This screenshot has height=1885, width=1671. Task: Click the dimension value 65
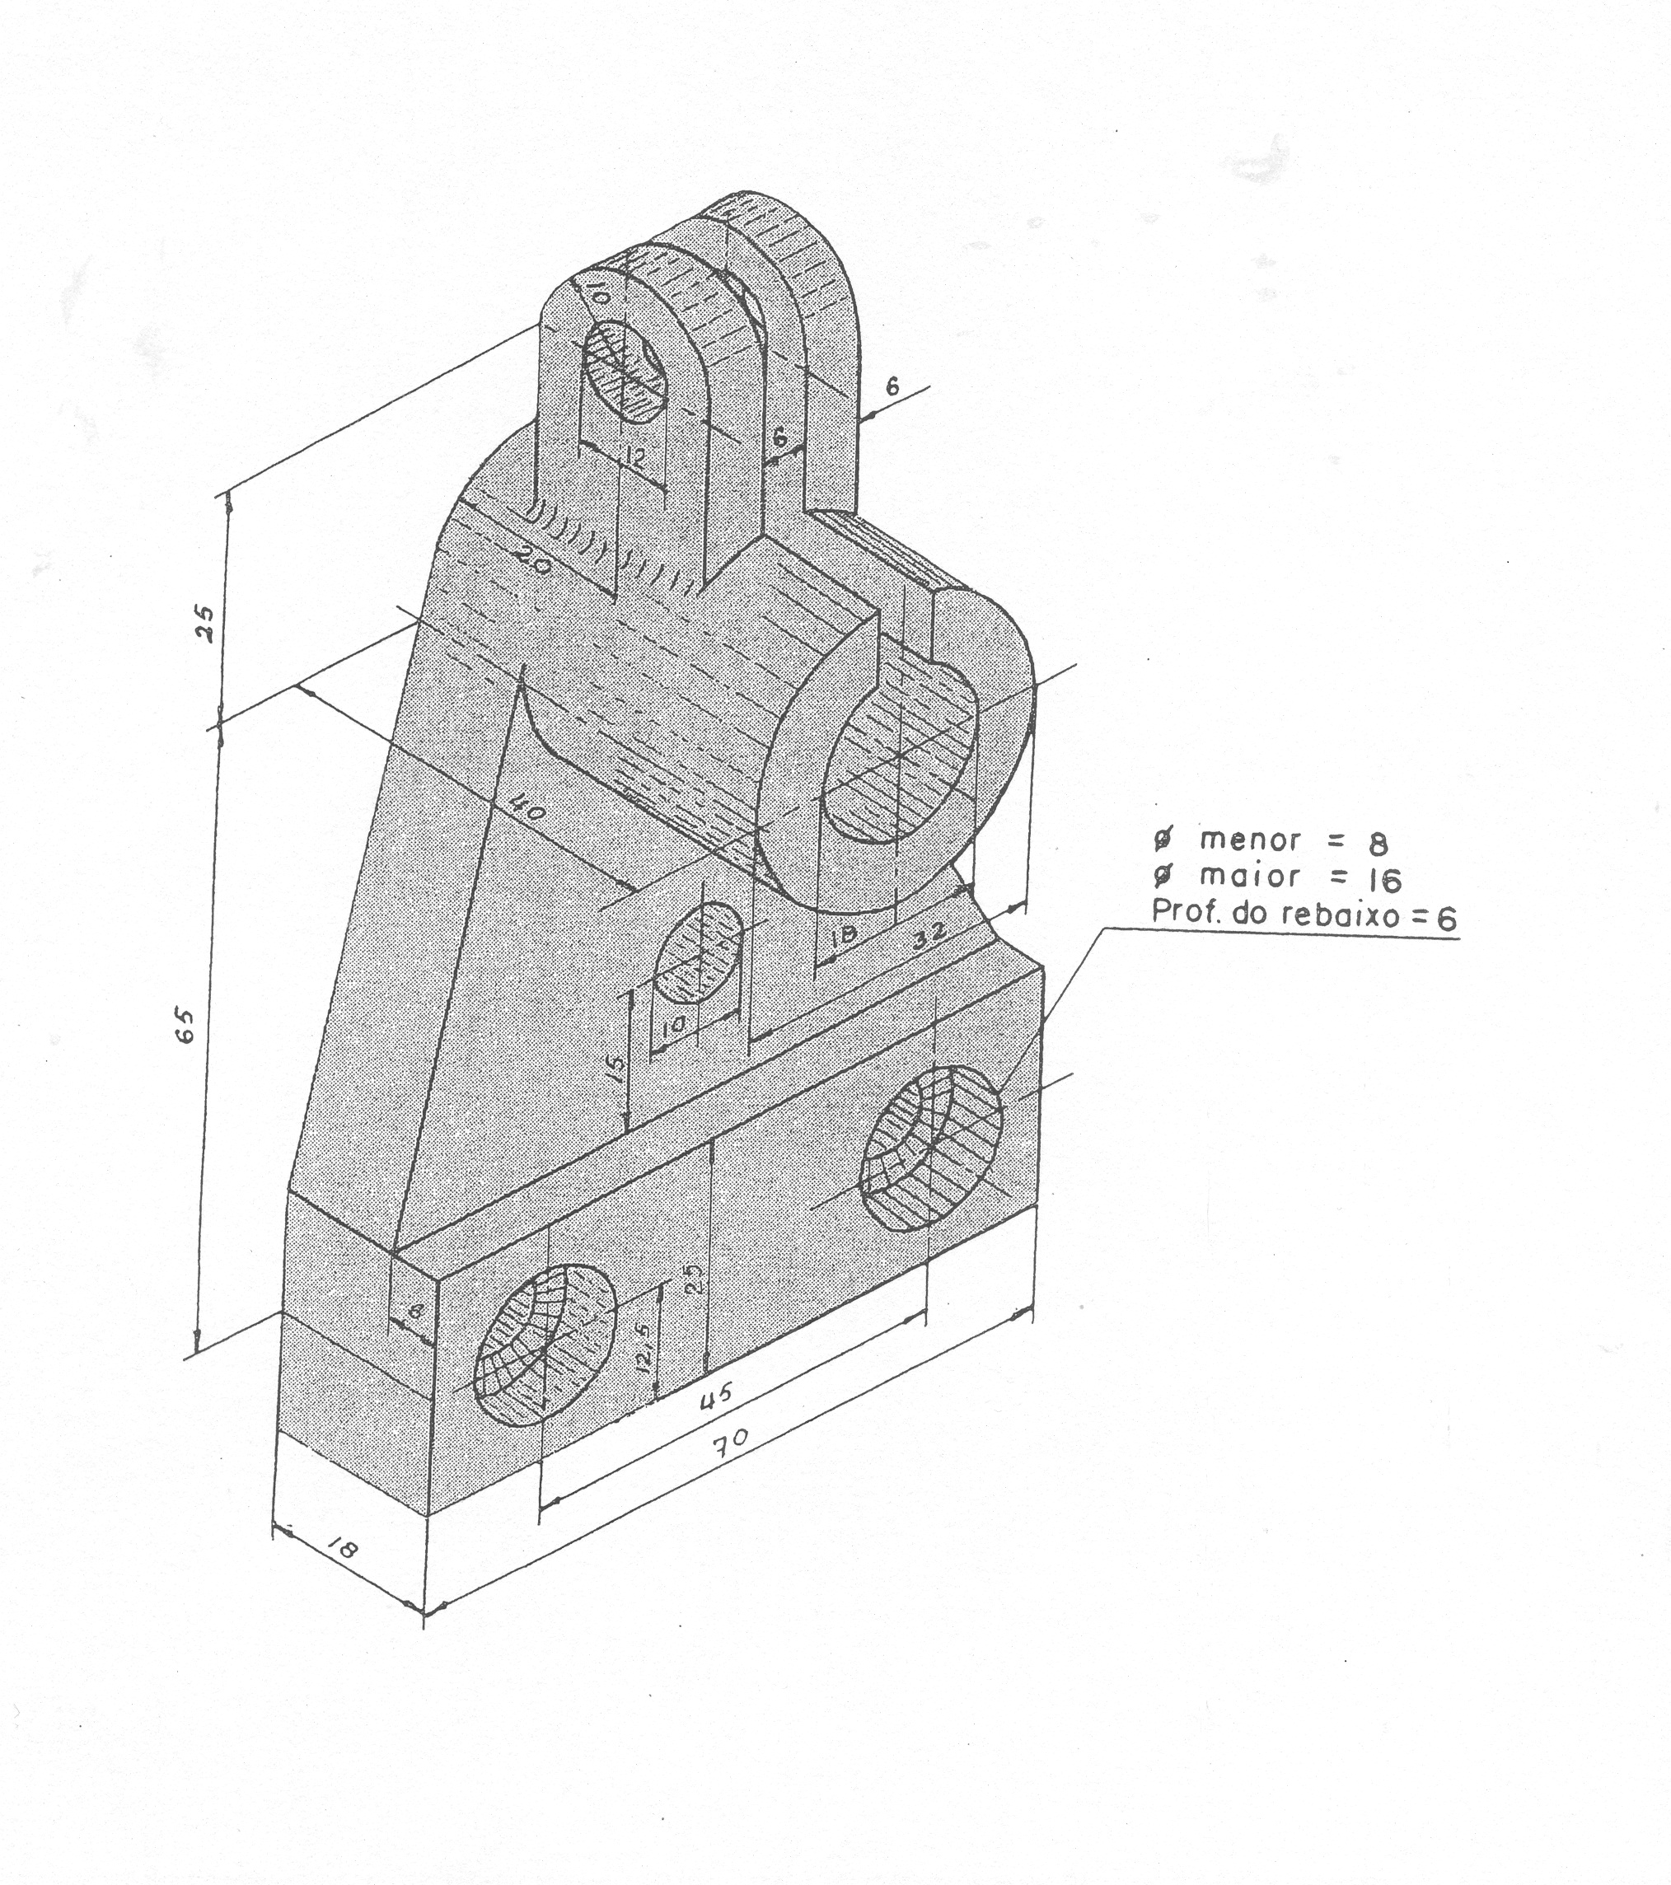point(185,1026)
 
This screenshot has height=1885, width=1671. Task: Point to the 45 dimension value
point(717,1396)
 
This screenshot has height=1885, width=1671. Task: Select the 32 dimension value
point(929,935)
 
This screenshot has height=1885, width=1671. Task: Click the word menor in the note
point(1250,840)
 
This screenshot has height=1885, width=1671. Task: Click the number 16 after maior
point(1383,881)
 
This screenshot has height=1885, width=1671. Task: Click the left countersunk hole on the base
point(544,1346)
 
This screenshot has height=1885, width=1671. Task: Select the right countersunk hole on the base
point(930,1148)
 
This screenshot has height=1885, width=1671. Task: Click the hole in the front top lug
point(627,372)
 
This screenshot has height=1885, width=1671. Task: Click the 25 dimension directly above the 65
point(204,624)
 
